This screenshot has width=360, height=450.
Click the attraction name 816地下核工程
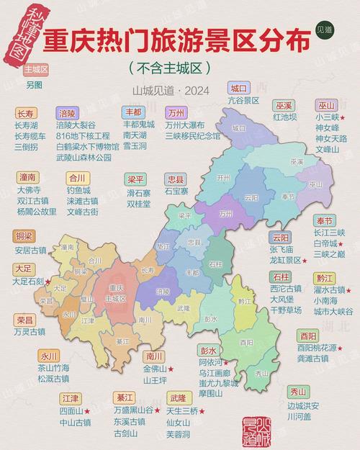[x=83, y=135]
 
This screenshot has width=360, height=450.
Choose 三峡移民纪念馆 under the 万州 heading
[x=193, y=135]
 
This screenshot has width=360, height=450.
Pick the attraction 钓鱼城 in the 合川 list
[x=78, y=190]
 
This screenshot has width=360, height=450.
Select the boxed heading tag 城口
[x=238, y=88]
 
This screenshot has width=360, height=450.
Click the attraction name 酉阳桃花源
[x=316, y=347]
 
